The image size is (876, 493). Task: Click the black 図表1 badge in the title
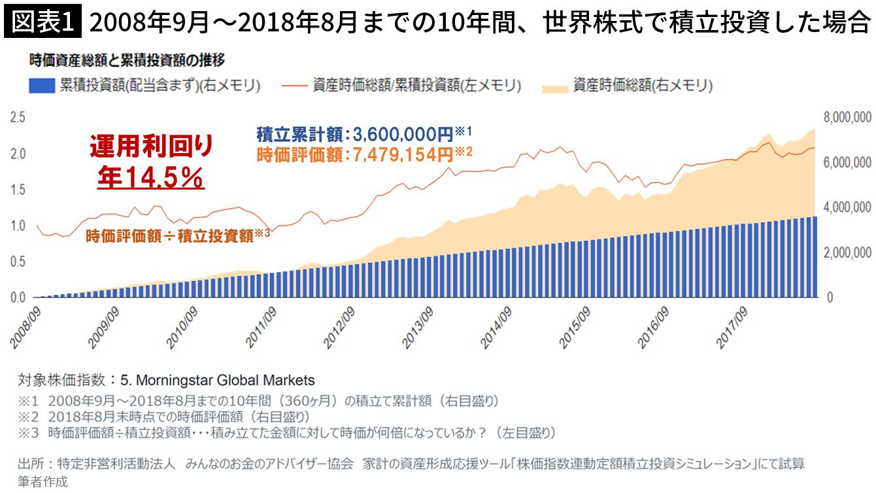pyautogui.click(x=42, y=23)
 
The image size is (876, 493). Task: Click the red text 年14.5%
pyautogui.click(x=151, y=177)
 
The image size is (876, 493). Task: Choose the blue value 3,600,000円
pyautogui.click(x=403, y=135)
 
